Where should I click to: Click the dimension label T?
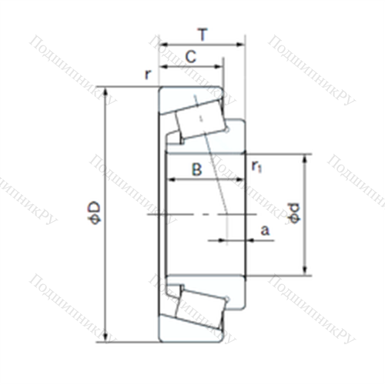point(203,35)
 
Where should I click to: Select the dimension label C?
point(191,56)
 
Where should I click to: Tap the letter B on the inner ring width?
point(197,169)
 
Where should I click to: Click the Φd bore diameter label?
point(294,213)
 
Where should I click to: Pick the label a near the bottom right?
point(265,230)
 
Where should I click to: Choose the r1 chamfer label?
point(256,167)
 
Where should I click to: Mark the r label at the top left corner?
point(148,75)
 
